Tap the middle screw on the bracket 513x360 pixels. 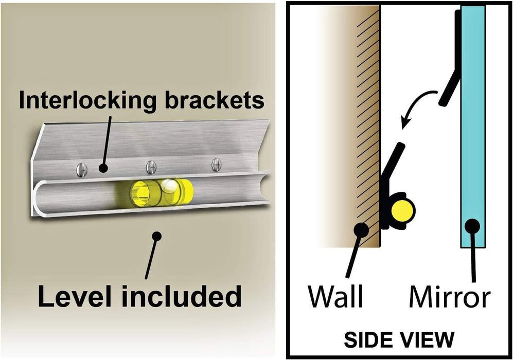pos(150,166)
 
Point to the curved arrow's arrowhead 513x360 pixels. pos(405,123)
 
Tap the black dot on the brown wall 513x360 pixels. pos(362,230)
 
